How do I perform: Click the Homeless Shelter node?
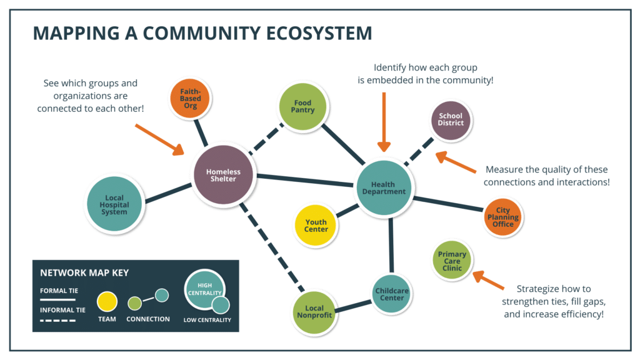click(223, 176)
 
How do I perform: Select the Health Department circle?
click(388, 187)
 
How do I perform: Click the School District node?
click(450, 119)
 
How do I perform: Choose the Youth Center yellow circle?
click(316, 225)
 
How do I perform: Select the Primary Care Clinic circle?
click(452, 261)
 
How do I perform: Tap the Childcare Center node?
click(392, 293)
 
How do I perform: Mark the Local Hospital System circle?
click(114, 204)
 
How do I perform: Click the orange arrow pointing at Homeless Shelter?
click(159, 138)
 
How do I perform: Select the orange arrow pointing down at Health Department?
click(384, 122)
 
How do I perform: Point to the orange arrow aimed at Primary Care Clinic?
click(488, 280)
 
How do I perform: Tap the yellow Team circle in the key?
click(107, 301)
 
